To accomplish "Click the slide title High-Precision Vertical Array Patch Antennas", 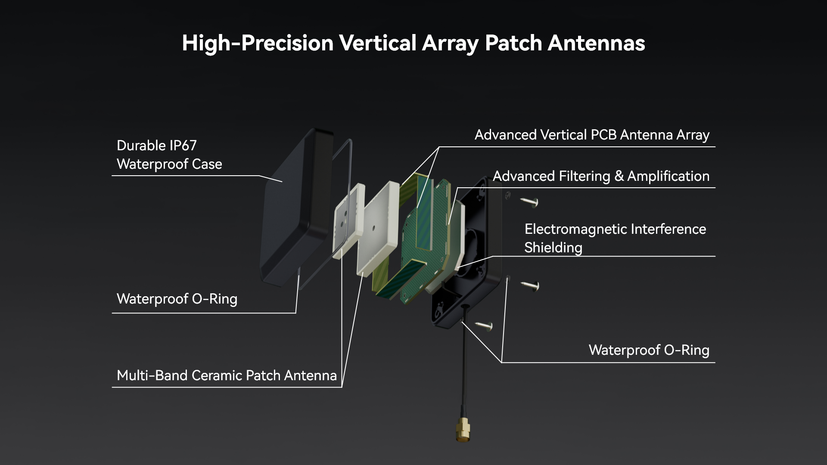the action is pos(413,43).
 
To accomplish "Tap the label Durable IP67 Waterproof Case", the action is pos(169,155).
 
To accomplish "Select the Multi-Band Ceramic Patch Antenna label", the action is pos(227,375).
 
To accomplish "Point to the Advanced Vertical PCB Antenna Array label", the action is pos(592,135).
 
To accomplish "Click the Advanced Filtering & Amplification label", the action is pos(601,176).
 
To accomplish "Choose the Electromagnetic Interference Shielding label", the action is pos(615,238).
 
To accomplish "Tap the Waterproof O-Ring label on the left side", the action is pos(177,299).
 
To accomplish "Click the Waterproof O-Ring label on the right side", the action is pos(649,350).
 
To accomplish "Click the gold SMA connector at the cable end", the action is pos(463,429).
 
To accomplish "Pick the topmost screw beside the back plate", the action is pos(529,201).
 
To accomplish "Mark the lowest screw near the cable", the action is pos(484,326).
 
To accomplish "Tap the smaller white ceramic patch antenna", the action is pos(349,220).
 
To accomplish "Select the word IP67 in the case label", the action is pos(183,146).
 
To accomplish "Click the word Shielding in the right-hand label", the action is pos(553,248).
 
